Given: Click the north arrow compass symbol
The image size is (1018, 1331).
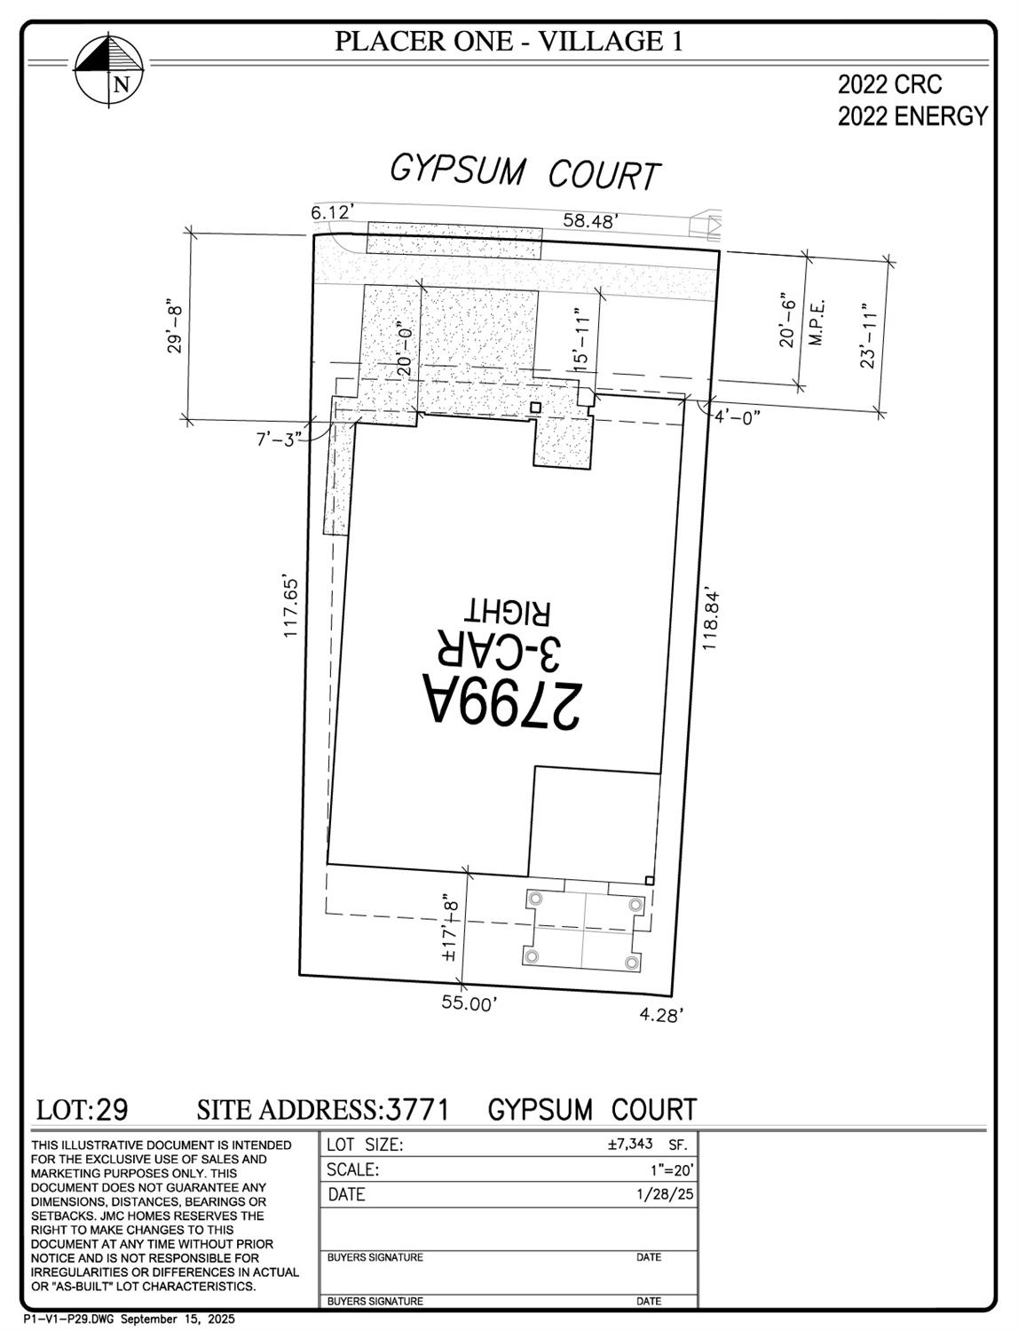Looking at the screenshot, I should (109, 70).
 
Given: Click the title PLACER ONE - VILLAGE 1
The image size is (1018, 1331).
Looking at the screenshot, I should (509, 41).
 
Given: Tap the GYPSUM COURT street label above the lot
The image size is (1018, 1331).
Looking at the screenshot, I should (525, 171).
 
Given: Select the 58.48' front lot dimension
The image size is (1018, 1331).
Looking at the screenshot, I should (589, 220).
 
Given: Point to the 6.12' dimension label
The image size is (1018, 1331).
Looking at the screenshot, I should (333, 212).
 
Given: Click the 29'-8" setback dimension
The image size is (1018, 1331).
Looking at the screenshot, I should (175, 329).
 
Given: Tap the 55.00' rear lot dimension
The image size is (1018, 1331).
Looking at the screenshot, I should (470, 1003).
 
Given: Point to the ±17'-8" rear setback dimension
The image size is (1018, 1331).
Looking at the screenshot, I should (451, 928).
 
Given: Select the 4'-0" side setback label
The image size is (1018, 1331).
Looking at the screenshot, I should (738, 417).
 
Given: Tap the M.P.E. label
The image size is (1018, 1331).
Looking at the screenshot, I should (818, 322).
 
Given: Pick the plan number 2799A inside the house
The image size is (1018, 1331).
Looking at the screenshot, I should (502, 701).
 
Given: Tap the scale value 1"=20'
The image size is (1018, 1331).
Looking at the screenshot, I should (672, 1170).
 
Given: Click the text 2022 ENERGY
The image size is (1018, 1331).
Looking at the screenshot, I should (912, 116).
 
